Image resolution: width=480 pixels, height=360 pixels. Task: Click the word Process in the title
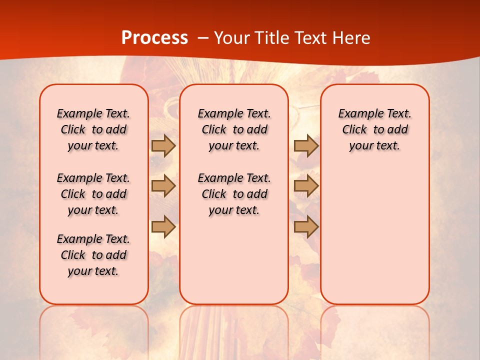click(154, 38)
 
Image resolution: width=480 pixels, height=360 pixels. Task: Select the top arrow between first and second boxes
click(163, 146)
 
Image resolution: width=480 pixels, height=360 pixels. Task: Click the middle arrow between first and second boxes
click(163, 186)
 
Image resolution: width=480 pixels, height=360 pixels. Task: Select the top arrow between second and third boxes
click(306, 146)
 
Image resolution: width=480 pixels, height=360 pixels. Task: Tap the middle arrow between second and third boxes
click(306, 186)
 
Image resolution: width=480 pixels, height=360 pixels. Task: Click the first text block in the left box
click(93, 129)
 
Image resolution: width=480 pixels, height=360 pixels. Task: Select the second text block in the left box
click(93, 194)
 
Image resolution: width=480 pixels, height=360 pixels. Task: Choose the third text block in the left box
click(93, 255)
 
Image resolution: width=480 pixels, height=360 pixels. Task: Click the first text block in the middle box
click(234, 129)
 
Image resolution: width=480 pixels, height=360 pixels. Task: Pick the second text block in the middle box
click(234, 194)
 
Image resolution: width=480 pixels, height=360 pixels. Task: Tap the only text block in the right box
click(375, 129)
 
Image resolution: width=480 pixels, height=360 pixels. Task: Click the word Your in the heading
click(232, 38)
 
